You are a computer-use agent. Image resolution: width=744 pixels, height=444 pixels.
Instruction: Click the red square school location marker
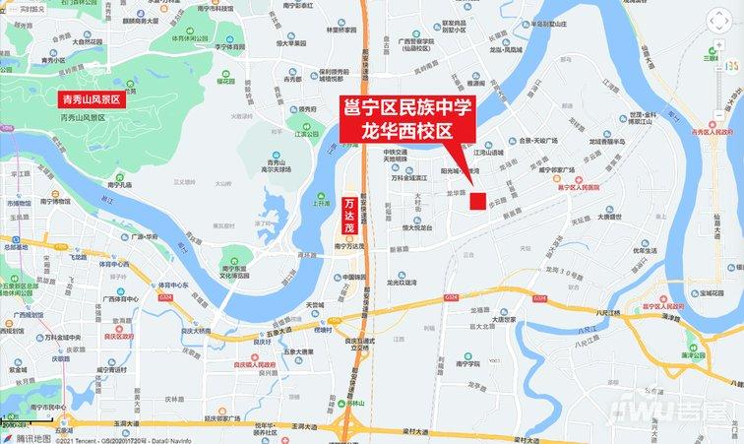476,201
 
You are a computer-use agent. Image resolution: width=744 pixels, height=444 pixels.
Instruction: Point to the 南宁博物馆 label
51,201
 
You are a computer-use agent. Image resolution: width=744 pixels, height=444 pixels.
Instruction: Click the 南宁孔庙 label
119,184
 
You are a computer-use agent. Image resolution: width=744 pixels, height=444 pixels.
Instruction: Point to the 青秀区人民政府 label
713,130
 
